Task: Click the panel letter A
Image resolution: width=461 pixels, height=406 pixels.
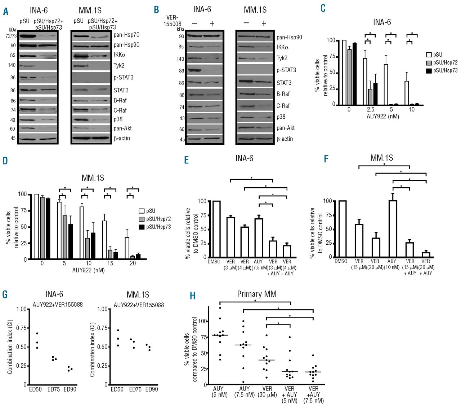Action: click(6, 12)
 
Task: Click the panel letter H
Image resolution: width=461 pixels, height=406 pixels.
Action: click(193, 296)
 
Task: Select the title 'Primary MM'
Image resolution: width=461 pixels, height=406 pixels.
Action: click(256, 294)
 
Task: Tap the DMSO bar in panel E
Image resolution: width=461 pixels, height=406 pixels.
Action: click(216, 229)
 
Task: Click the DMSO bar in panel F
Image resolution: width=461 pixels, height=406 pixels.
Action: click(342, 229)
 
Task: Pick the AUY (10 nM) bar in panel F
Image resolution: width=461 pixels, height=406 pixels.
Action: click(393, 229)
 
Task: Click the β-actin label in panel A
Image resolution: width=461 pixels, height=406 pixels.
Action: click(122, 138)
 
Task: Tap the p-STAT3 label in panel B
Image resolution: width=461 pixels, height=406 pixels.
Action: click(286, 70)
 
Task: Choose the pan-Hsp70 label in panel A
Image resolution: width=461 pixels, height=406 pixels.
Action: click(126, 35)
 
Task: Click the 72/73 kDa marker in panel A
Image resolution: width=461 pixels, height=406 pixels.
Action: click(11, 36)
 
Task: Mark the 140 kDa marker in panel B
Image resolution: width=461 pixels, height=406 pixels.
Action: click(180, 59)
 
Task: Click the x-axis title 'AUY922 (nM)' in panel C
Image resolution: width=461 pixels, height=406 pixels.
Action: click(382, 117)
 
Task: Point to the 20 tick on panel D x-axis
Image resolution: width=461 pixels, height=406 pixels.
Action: click(133, 263)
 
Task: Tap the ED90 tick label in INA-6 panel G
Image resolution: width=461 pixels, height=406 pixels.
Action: click(70, 389)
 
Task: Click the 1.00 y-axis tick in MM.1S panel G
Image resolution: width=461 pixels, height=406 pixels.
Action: click(103, 309)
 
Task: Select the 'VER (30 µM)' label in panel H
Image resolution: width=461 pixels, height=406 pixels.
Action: click(267, 392)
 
